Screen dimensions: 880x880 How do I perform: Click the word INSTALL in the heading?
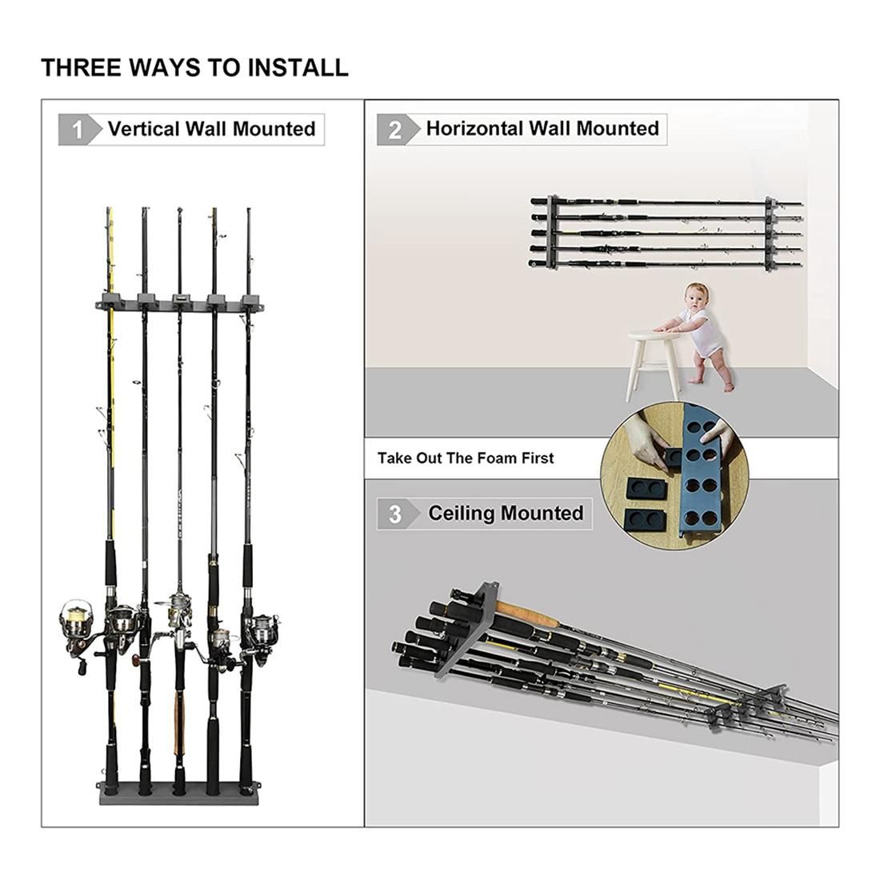pyautogui.click(x=298, y=67)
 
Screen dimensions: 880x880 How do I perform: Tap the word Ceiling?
pyautogui.click(x=460, y=514)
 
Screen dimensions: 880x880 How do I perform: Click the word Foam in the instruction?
pyautogui.click(x=498, y=458)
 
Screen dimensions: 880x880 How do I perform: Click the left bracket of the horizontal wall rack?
pyautogui.click(x=553, y=231)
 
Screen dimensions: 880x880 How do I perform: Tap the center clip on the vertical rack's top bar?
pyautogui.click(x=180, y=300)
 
